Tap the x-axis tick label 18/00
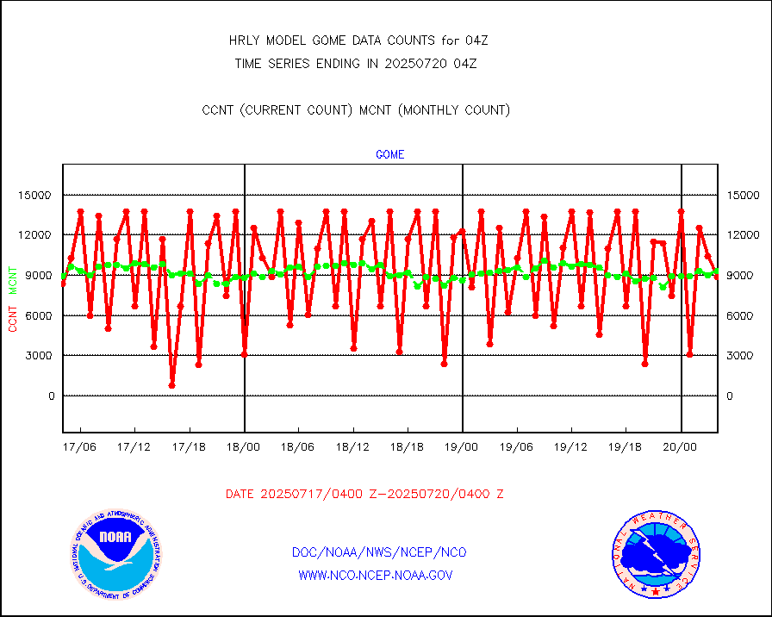(244, 447)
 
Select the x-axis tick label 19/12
(571, 447)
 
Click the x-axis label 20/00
(681, 447)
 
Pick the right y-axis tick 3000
(742, 356)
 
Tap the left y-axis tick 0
(51, 396)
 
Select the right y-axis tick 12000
(744, 235)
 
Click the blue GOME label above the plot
(389, 155)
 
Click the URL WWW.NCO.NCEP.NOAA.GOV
(376, 575)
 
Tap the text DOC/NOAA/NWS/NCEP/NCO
(380, 552)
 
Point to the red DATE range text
(364, 495)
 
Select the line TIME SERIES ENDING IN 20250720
(356, 63)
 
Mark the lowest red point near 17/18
(171, 385)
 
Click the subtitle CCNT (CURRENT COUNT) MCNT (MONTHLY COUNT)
(356, 109)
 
